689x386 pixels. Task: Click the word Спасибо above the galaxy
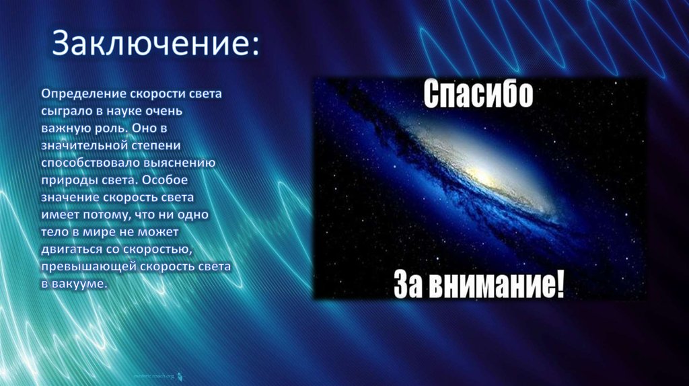coord(478,95)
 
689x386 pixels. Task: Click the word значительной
coord(82,144)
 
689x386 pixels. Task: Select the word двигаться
coord(71,249)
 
